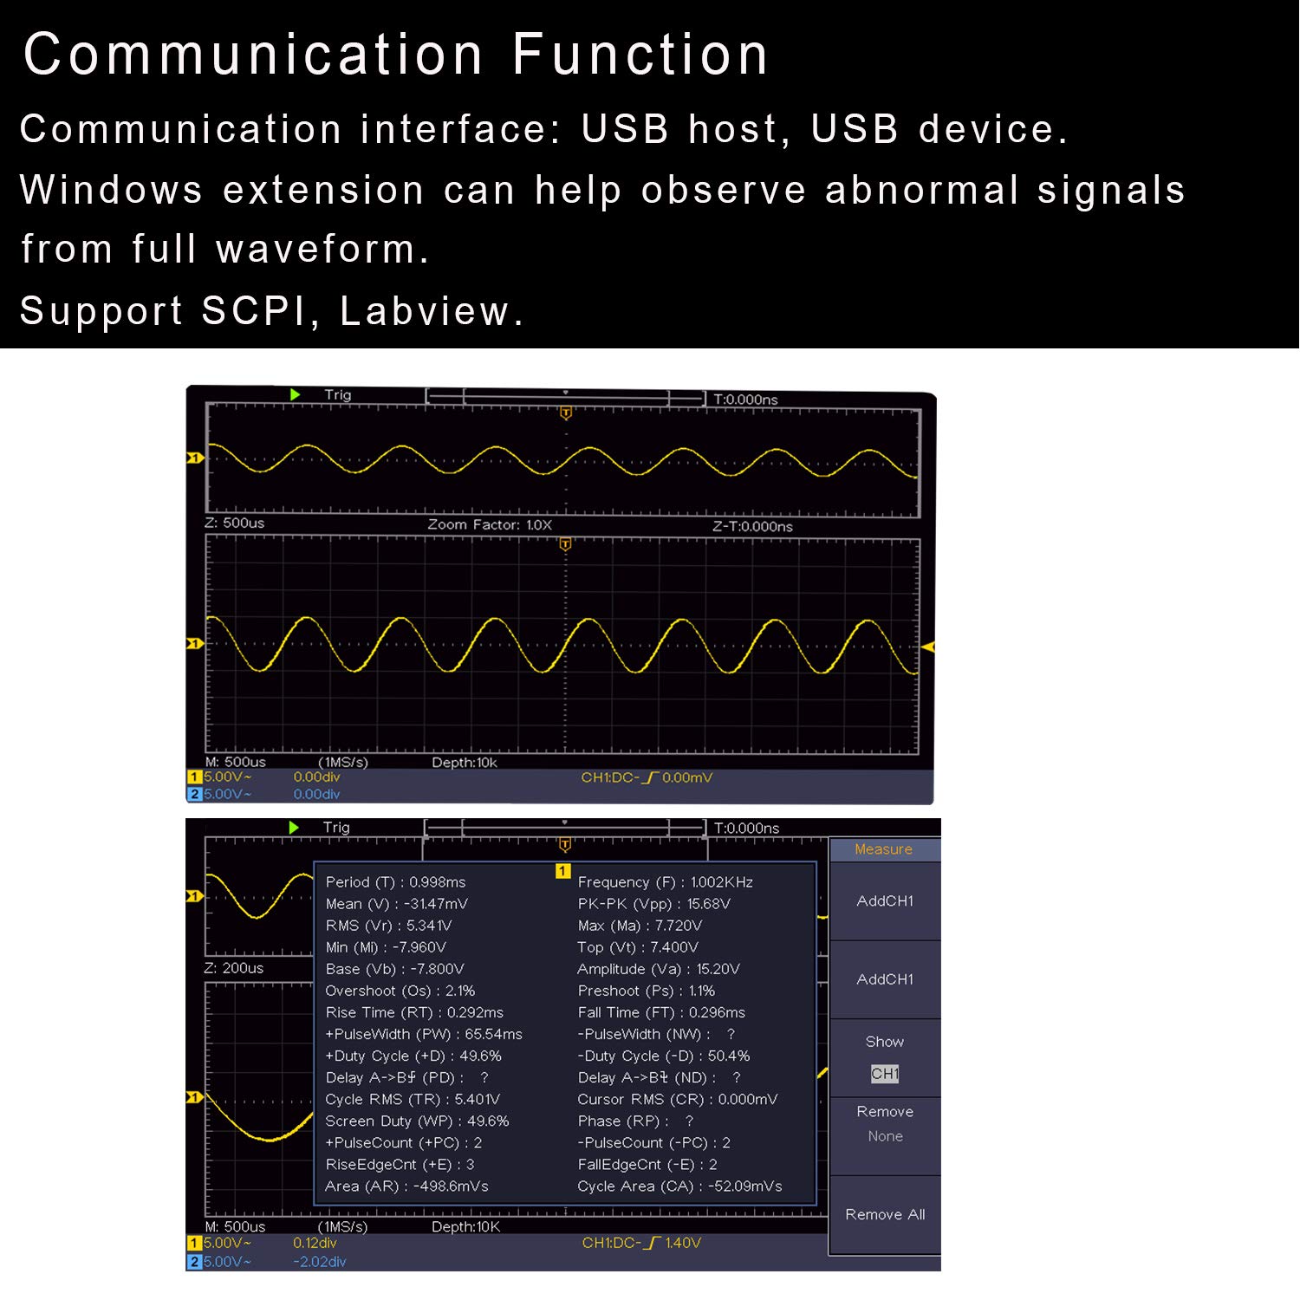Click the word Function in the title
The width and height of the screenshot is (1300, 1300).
pos(640,55)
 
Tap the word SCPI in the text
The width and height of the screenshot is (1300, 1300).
pos(260,310)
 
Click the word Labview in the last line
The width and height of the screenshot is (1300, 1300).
pos(425,310)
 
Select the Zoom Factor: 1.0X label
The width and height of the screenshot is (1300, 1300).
pos(490,524)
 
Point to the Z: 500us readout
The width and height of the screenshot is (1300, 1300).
pos(235,523)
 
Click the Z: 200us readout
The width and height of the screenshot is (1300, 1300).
pos(234,968)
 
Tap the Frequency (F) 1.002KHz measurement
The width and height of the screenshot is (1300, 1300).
pos(665,882)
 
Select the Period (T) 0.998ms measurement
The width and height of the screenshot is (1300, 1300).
pos(395,882)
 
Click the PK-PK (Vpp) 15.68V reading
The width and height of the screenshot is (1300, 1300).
pos(653,904)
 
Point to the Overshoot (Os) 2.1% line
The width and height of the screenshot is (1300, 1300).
pos(400,991)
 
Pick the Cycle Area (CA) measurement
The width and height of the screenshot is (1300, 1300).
pos(679,1186)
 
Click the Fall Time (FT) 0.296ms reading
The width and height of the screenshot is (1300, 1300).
pos(661,1012)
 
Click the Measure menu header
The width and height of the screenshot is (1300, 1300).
pos(883,849)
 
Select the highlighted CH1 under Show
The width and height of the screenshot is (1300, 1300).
pos(885,1074)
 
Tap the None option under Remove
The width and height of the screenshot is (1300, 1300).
pos(885,1136)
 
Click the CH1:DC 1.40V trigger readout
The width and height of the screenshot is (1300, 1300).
pos(641,1243)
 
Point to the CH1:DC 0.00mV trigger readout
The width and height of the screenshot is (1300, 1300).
pos(647,777)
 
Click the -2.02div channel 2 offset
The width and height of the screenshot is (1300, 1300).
pos(319,1262)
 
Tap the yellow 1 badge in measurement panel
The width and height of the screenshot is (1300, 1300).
pos(563,871)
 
